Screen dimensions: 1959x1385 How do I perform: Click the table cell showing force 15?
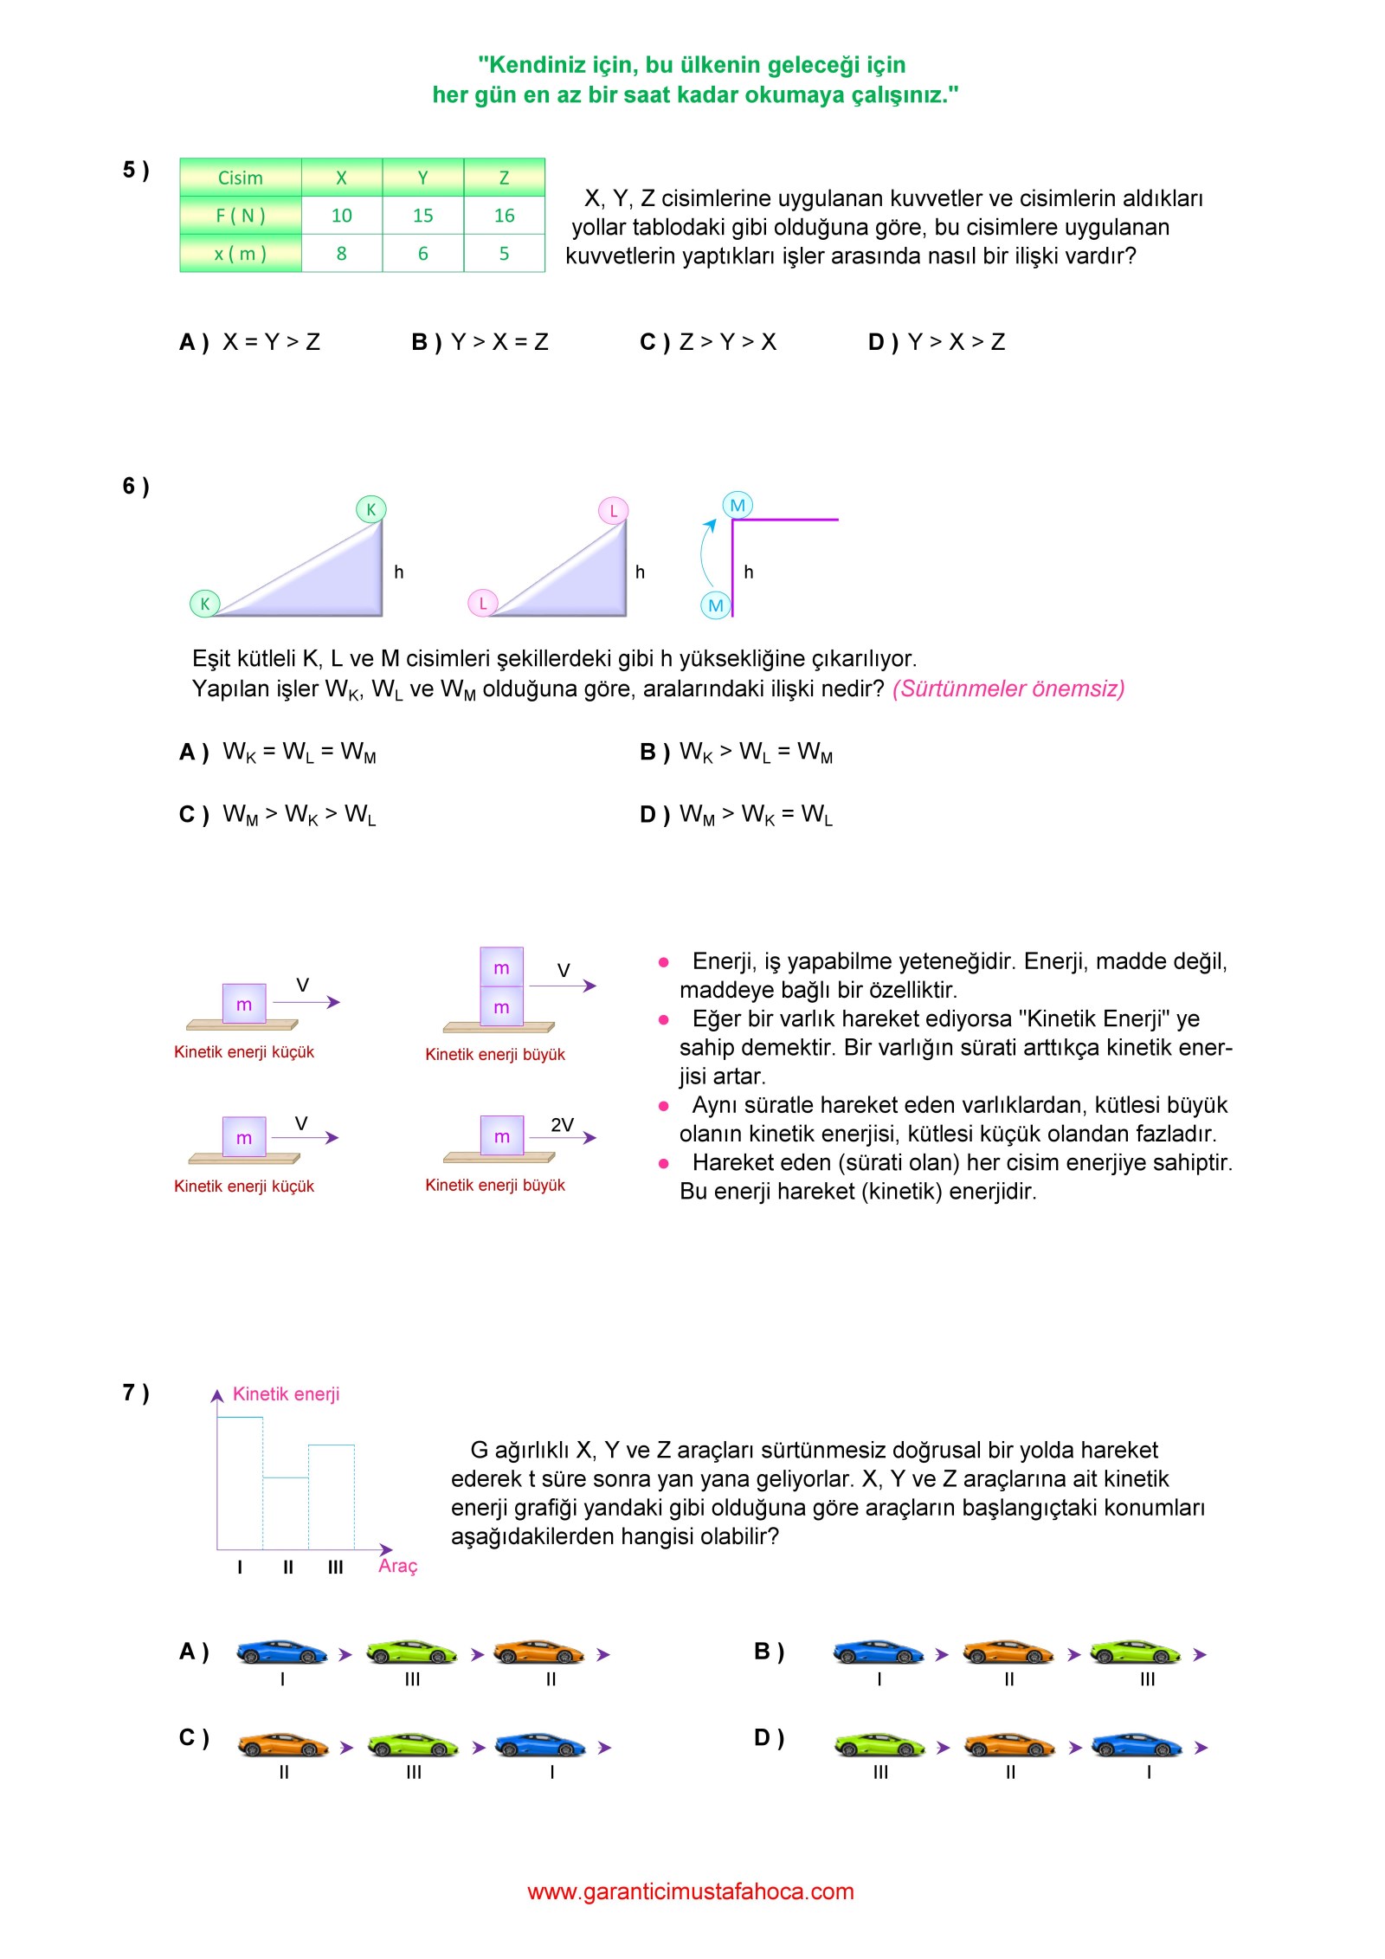(x=422, y=216)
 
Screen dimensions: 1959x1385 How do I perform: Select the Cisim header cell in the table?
(x=240, y=178)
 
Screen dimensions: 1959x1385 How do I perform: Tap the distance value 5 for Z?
(x=504, y=254)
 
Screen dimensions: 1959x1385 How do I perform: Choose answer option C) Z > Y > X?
(x=708, y=342)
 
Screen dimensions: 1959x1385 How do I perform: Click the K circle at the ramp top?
(x=370, y=509)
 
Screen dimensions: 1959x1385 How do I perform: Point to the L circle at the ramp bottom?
(x=482, y=603)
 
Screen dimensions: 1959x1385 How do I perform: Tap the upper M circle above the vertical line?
(x=738, y=505)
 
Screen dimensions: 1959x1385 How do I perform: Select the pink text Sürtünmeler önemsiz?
(x=1008, y=689)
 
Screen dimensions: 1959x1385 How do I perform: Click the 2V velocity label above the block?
(x=562, y=1124)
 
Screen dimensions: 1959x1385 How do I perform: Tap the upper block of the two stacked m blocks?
(x=501, y=967)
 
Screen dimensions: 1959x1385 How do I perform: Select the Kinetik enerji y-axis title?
(x=286, y=1393)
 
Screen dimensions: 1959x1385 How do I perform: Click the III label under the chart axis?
(x=335, y=1567)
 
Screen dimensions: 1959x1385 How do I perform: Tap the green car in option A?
(x=411, y=1652)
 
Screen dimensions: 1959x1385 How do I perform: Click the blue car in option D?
(x=1137, y=1745)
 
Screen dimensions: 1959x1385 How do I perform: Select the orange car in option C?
(x=283, y=1745)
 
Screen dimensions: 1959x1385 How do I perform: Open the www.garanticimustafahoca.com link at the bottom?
(x=691, y=1891)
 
